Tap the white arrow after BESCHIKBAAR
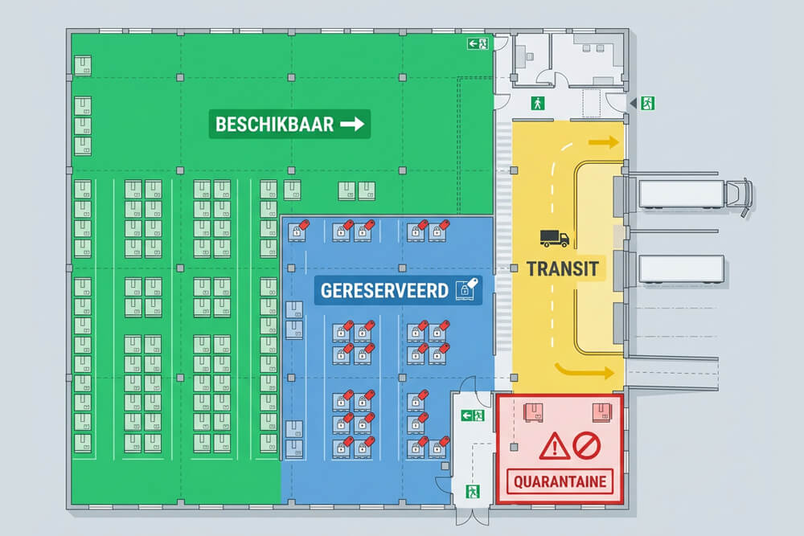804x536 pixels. pos(353,125)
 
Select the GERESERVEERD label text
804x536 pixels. pos(384,290)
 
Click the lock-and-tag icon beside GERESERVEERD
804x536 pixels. pos(466,289)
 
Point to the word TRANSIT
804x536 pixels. pos(563,268)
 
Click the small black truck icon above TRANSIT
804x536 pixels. pos(555,238)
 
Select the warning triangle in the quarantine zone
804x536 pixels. pos(555,446)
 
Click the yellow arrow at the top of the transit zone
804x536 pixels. pos(605,143)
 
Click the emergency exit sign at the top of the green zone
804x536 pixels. pos(478,45)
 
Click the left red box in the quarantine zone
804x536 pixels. pos(532,411)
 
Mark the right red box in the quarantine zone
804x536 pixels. pos(601,411)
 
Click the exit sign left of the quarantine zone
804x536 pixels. pos(471,415)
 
